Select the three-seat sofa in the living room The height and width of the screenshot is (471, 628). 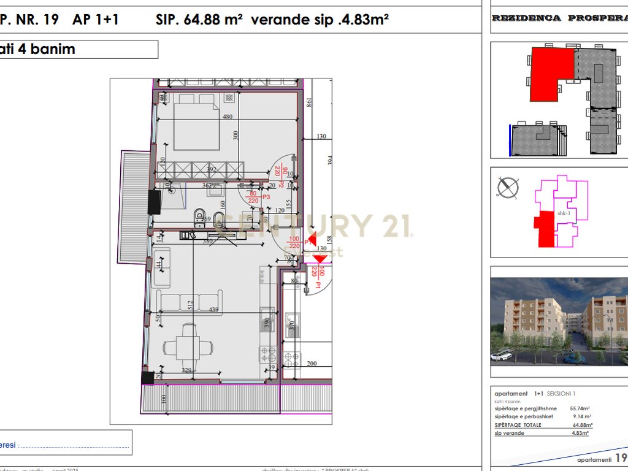coord(180,301)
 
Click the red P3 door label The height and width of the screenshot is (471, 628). coord(266,197)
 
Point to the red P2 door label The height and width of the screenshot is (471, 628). coord(280,185)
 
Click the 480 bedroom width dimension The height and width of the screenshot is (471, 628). coord(228,117)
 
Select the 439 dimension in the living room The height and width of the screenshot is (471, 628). coord(213,310)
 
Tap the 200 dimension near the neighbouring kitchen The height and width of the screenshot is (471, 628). coord(311,364)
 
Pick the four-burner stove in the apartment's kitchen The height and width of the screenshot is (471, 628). coord(268,354)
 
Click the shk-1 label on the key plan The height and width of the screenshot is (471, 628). coord(564,213)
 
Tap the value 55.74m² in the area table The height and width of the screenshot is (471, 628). coord(580,408)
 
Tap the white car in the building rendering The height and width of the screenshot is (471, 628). coord(502,356)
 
